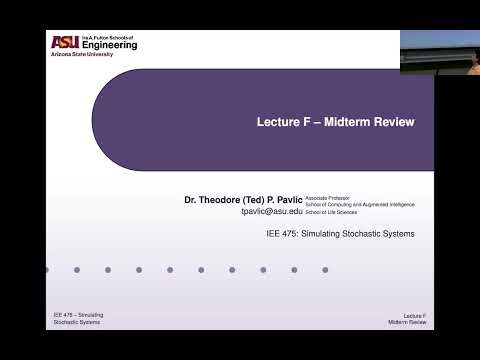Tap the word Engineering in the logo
tap(109, 46)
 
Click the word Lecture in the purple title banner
tap(278, 122)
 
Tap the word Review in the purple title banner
tap(396, 122)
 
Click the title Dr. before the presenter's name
tap(192, 200)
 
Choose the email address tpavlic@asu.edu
tap(286, 213)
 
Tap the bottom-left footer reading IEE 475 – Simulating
tap(79, 315)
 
